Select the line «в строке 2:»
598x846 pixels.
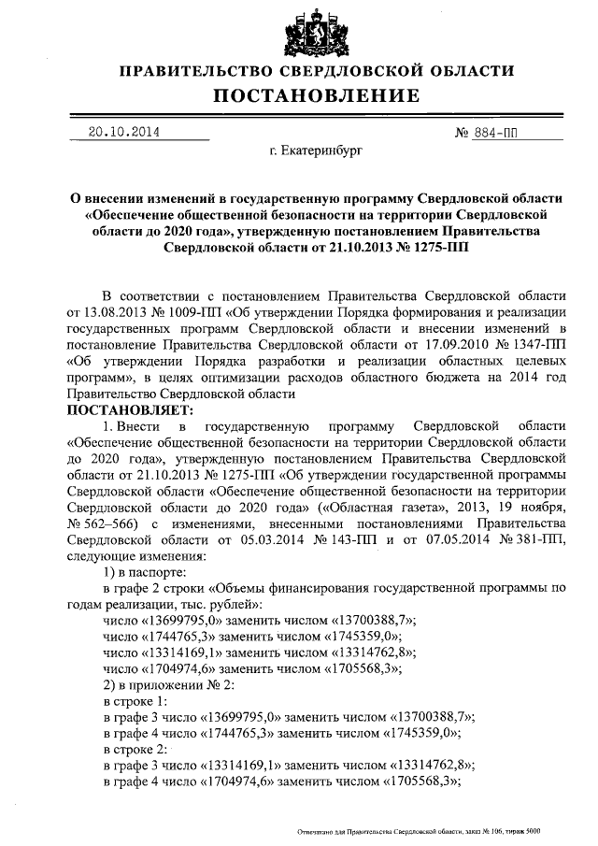tap(136, 751)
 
